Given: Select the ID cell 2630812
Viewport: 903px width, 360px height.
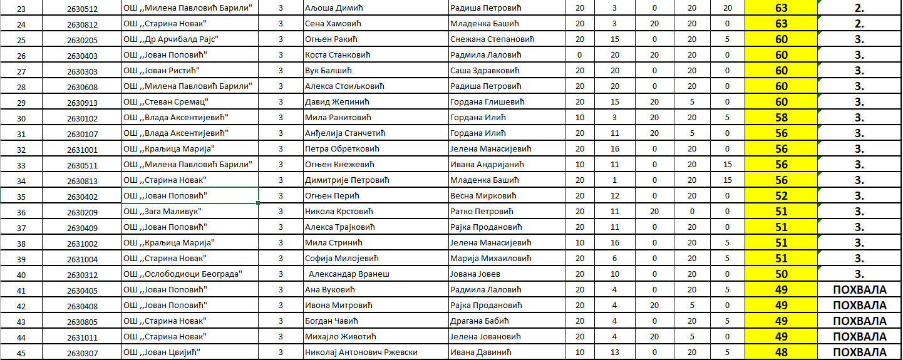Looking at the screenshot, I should (x=82, y=24).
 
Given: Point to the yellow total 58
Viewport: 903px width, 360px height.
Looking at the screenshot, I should (x=782, y=118).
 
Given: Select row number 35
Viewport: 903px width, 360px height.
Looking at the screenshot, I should (x=22, y=196).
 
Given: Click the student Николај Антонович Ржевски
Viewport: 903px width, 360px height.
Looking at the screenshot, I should (x=361, y=352).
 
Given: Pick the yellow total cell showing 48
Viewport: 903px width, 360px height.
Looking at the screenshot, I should (x=782, y=352).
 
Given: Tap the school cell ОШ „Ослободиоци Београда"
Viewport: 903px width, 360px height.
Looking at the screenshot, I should (x=182, y=274).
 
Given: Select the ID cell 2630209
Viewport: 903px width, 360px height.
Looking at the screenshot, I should (x=82, y=212).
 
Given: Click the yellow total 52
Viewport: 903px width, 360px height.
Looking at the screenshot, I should (x=782, y=196).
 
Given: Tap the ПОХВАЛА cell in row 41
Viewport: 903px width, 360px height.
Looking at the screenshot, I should (x=860, y=290).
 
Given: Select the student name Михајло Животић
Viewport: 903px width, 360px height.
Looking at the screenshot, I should (x=339, y=337).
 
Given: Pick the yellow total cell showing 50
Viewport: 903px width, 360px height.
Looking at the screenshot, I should (x=782, y=274).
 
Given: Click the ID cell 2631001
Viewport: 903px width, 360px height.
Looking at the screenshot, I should (x=82, y=149).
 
